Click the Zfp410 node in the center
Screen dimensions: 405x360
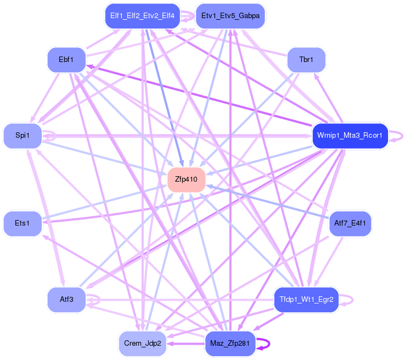(x=186, y=179)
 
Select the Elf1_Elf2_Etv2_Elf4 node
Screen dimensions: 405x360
(x=142, y=16)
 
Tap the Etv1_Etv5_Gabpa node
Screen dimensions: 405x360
(x=230, y=16)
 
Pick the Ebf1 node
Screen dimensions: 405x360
(x=66, y=60)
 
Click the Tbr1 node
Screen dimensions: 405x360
(x=306, y=60)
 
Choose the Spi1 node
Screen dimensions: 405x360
(x=22, y=136)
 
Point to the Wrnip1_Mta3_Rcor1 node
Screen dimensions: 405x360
(x=350, y=136)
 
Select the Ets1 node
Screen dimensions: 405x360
(x=22, y=224)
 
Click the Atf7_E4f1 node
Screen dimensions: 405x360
(x=350, y=224)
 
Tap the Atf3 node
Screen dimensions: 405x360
(x=66, y=300)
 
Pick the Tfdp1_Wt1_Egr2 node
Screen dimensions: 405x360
(x=306, y=300)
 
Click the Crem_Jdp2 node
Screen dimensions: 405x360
(x=142, y=344)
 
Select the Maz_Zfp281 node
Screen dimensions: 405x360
(x=230, y=344)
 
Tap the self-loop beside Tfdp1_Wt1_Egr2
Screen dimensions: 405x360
(x=352, y=300)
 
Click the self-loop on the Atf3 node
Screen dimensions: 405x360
(x=99, y=300)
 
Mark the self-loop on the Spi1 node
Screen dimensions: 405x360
(x=55, y=136)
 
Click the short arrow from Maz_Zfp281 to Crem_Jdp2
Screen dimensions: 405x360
(x=185, y=344)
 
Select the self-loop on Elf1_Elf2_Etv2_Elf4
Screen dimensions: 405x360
(x=194, y=16)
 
